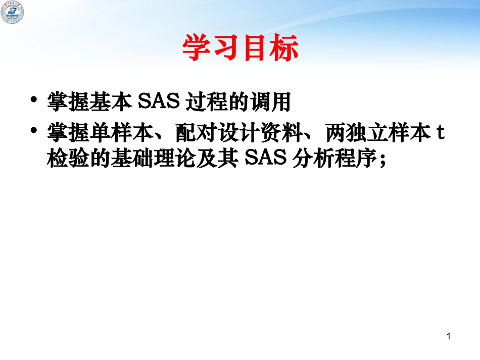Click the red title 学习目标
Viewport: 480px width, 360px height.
240,48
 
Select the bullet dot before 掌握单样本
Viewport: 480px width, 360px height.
34,132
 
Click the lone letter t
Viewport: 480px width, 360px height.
440,134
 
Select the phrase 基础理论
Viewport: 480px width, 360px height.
143,158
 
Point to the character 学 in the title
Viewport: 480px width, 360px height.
197,48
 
